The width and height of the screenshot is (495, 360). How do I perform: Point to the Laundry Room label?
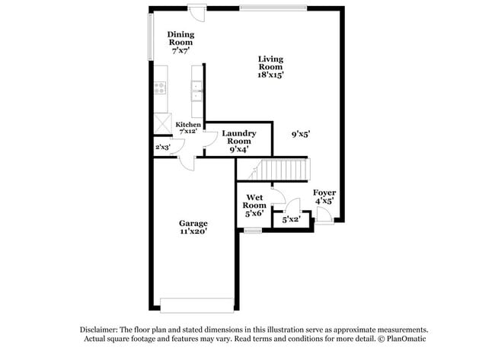[239, 137]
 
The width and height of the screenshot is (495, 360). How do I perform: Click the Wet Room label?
[254, 201]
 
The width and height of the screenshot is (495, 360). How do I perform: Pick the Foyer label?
[324, 193]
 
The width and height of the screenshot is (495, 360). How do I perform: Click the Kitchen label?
[188, 124]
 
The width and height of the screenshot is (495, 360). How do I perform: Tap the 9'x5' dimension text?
[300, 134]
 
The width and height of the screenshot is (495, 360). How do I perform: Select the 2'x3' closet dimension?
[162, 147]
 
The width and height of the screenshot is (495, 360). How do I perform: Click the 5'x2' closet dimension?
[291, 220]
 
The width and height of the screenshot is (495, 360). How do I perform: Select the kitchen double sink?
[196, 90]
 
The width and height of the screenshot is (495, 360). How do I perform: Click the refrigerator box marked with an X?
[162, 123]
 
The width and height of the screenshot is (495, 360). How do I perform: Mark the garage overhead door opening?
[196, 305]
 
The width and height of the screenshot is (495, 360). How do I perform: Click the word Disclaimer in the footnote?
[101, 330]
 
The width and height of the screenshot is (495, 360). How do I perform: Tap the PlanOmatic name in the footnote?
[408, 339]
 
